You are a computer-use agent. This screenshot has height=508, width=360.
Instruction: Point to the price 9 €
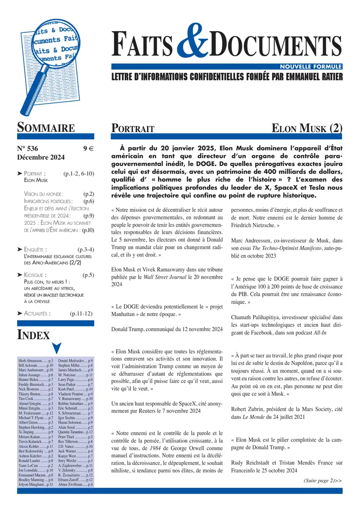(x=88, y=149)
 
